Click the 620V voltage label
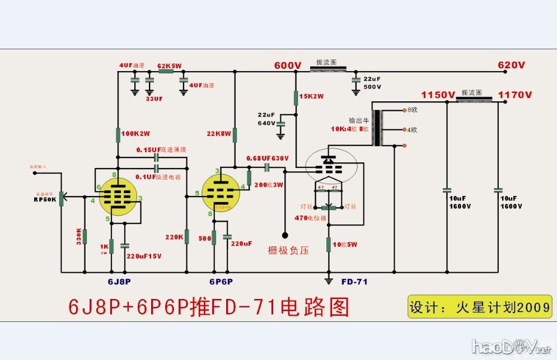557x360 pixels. click(x=512, y=66)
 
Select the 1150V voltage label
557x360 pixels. click(x=438, y=95)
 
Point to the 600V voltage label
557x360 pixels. click(x=288, y=66)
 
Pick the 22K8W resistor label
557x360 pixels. click(x=219, y=134)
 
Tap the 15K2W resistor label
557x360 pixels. click(x=311, y=96)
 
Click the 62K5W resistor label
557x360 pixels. click(x=170, y=66)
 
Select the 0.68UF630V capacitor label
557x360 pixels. click(x=268, y=158)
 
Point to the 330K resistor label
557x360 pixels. click(x=78, y=237)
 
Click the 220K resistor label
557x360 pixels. click(x=174, y=237)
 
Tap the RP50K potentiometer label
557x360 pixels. click(x=45, y=199)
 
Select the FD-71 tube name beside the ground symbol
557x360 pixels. click(x=354, y=281)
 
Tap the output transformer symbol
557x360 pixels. click(x=378, y=128)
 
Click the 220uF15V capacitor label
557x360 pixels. click(x=144, y=256)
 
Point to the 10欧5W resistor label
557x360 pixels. click(x=345, y=245)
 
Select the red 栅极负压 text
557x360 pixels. click(x=288, y=250)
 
